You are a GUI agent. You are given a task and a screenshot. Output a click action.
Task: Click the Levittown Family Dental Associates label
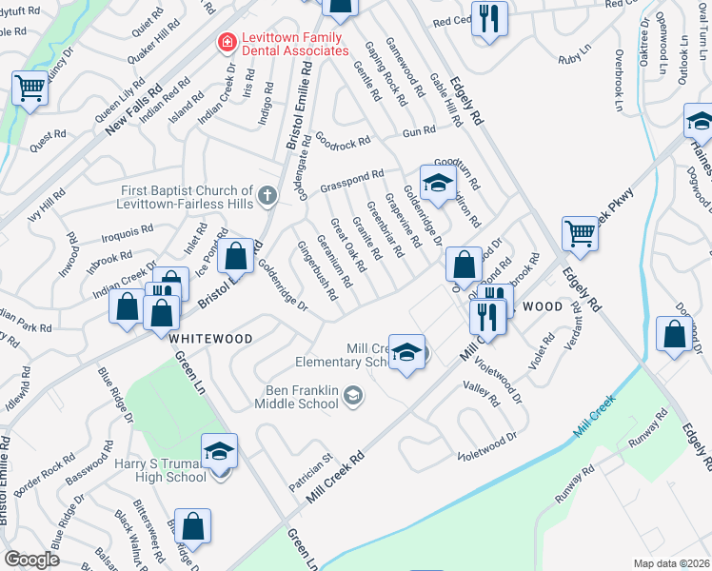pyautogui.click(x=291, y=42)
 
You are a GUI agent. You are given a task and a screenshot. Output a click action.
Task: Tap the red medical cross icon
pyautogui.click(x=227, y=42)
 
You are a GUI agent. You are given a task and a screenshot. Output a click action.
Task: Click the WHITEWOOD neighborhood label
pyautogui.click(x=210, y=339)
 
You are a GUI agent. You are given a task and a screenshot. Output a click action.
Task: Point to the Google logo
pyautogui.click(x=31, y=560)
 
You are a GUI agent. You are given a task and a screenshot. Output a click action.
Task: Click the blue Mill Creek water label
pyautogui.click(x=596, y=423)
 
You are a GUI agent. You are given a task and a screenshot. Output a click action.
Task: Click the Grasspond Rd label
pyautogui.click(x=351, y=178)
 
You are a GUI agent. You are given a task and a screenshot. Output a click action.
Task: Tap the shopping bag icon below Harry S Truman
pyautogui.click(x=192, y=526)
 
